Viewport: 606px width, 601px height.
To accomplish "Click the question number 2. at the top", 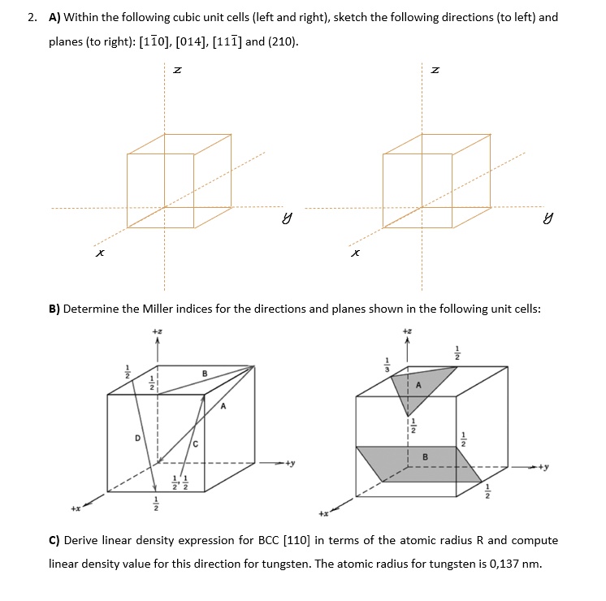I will click(32, 17).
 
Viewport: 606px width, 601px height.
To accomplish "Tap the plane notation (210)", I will click(282, 41).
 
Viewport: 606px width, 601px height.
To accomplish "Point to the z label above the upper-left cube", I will click(178, 73).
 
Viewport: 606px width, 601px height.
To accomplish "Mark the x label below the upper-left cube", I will click(99, 253).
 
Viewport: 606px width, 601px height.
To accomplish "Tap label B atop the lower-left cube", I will click(204, 373).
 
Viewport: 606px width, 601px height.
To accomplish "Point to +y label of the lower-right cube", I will click(543, 467).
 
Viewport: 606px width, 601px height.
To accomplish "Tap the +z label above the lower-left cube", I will click(157, 331).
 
